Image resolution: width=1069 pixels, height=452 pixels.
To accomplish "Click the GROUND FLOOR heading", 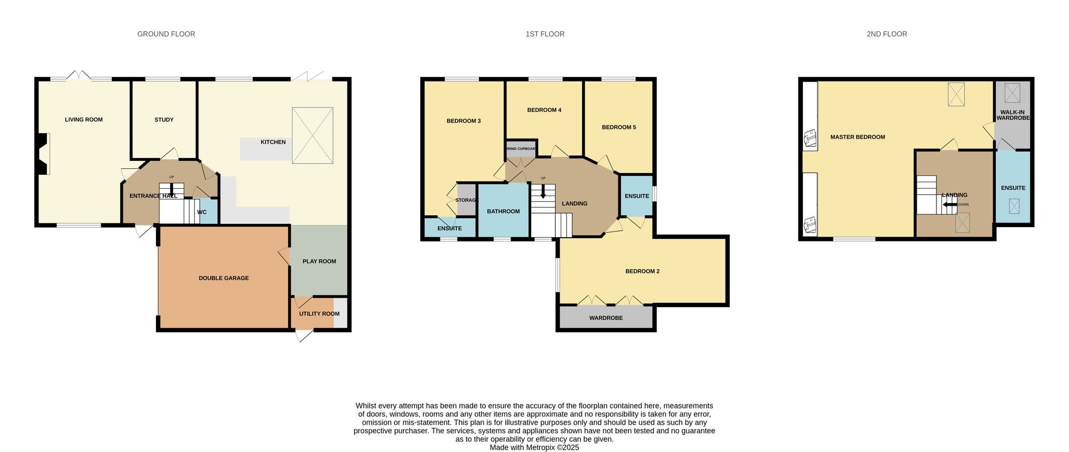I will (166, 34).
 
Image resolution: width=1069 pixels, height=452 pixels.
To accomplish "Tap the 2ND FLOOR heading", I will (886, 34).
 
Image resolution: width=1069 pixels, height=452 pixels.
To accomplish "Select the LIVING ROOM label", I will (83, 120).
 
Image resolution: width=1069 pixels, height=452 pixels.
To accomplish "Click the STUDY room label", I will (164, 120).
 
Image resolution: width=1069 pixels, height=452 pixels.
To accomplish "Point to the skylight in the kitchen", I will (312, 135).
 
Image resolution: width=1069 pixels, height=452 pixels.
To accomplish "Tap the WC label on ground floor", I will (202, 212).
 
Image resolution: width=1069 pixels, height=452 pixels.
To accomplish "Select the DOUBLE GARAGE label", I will (223, 278).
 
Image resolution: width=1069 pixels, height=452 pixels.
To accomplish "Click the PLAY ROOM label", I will (319, 261).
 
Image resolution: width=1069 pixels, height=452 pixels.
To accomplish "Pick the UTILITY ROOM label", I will (319, 314).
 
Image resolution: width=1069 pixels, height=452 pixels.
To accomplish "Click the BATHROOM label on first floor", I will (503, 212).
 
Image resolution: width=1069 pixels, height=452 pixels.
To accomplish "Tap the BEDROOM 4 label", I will (544, 110).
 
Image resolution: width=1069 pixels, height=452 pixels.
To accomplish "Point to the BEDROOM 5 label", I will (618, 127).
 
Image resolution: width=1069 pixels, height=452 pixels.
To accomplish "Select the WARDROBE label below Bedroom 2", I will (606, 318).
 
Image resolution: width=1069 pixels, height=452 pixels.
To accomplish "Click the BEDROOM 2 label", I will (642, 271).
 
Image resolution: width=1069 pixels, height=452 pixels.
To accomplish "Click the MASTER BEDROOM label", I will (857, 137).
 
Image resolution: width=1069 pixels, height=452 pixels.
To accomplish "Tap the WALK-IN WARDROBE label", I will (1012, 115).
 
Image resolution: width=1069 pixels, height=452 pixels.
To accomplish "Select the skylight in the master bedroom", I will (957, 94).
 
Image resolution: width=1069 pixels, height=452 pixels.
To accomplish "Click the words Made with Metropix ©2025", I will (534, 448).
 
